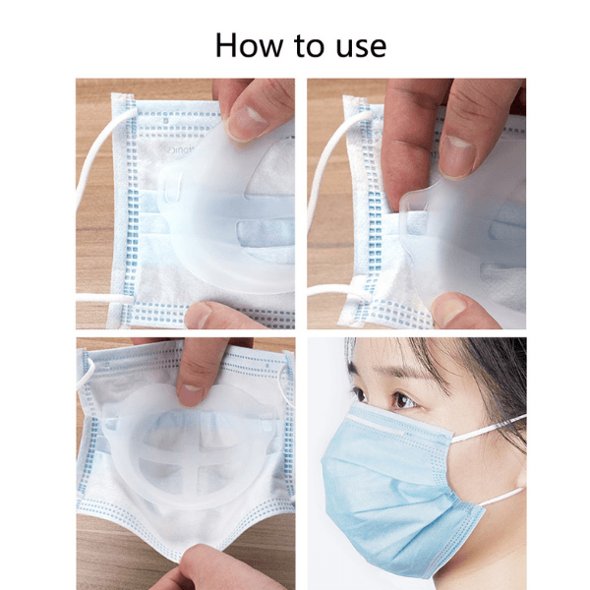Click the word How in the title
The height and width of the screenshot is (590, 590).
point(249,45)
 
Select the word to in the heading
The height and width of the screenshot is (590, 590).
point(309,45)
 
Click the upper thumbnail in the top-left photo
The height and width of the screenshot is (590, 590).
point(247,122)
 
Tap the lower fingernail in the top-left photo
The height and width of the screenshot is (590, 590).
point(200,315)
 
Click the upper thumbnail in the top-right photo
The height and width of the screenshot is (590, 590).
point(457,155)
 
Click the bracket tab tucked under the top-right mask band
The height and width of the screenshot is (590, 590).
point(413,206)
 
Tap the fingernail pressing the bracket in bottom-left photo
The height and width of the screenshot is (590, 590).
point(191,395)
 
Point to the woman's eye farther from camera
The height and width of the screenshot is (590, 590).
point(358,393)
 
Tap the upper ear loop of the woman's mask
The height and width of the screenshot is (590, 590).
point(488,429)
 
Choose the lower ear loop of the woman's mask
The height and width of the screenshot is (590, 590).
point(501,497)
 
